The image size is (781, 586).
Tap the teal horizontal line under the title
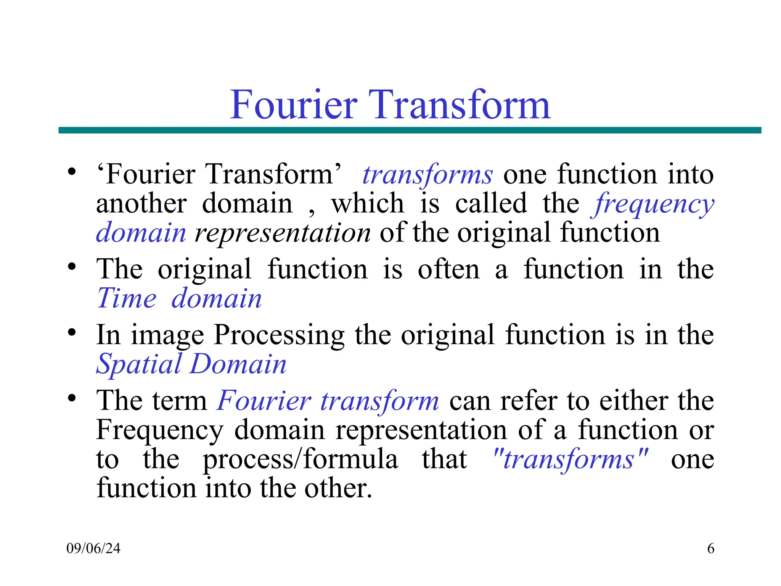[410, 130]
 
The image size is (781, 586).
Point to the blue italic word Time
[127, 298]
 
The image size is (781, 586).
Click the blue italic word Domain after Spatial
[238, 364]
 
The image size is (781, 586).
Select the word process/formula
[300, 460]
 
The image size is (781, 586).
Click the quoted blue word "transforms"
[570, 460]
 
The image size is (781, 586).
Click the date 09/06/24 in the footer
[93, 549]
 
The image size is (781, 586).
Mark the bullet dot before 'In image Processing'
[72, 333]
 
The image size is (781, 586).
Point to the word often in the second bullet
[448, 270]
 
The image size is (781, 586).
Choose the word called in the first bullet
[491, 203]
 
